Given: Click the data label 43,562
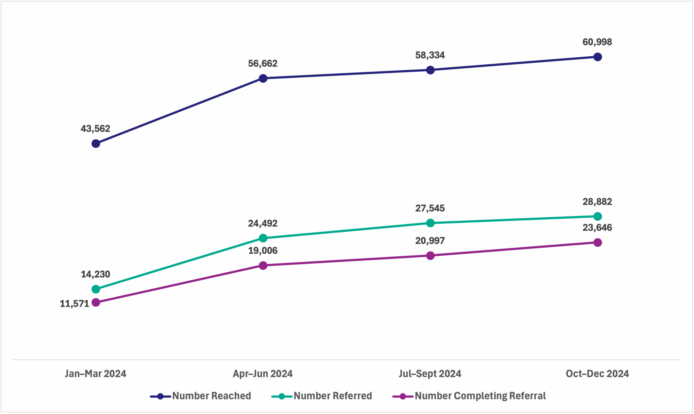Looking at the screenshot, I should (95, 129).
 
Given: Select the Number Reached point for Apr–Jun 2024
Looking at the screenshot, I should (263, 78).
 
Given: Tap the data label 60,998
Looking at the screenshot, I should (597, 42).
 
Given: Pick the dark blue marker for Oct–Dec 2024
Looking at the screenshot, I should (597, 57).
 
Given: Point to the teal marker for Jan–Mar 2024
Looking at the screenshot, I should (96, 289).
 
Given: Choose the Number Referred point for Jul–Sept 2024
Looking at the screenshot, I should (430, 223).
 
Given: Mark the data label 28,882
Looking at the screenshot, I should (597, 202).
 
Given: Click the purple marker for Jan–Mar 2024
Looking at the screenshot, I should (96, 302).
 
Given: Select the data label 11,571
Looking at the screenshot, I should (74, 304).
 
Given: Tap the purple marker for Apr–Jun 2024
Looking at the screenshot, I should (263, 265).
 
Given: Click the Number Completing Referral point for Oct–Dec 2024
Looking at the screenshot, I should (597, 242).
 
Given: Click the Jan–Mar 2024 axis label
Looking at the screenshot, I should (96, 374).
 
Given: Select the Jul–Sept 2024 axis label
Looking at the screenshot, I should (430, 374).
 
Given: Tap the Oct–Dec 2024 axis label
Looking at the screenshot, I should (597, 374).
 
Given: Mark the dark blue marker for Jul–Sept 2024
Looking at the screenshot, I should (430, 70).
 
